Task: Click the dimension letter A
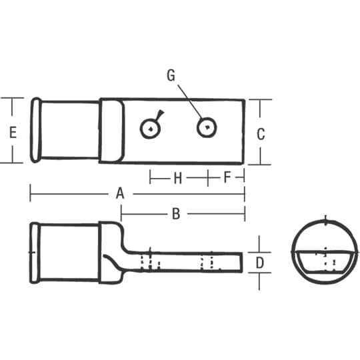pyautogui.click(x=120, y=194)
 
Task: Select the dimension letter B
pyautogui.click(x=176, y=213)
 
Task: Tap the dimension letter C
pyautogui.click(x=261, y=133)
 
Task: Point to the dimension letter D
pyautogui.click(x=260, y=263)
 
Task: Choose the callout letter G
pyautogui.click(x=171, y=76)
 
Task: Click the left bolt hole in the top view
pyautogui.click(x=151, y=129)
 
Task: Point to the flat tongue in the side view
pyautogui.click(x=193, y=261)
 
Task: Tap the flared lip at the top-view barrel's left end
pyautogui.click(x=37, y=130)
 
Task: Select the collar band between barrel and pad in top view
pyautogui.click(x=111, y=131)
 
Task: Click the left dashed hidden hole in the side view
pyautogui.click(x=151, y=261)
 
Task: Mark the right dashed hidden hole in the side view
pyautogui.click(x=209, y=261)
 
